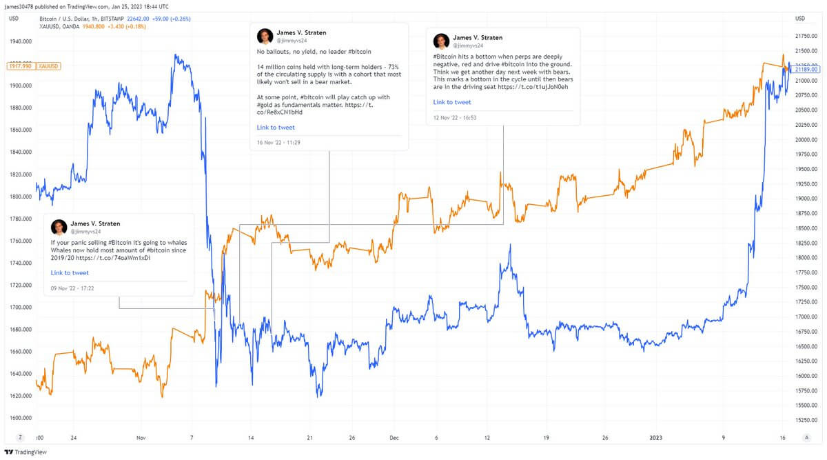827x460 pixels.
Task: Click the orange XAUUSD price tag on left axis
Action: (x=48, y=66)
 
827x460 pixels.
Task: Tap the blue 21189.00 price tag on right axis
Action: (x=806, y=70)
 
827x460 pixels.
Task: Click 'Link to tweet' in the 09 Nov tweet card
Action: (x=70, y=273)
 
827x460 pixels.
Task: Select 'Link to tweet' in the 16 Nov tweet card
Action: (x=276, y=128)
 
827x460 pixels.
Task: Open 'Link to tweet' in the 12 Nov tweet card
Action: (x=452, y=102)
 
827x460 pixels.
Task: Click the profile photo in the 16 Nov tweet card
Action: (x=265, y=37)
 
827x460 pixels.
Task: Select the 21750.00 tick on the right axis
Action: (x=806, y=36)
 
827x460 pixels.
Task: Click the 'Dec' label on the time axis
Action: (x=394, y=437)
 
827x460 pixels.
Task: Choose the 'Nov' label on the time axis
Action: (x=141, y=437)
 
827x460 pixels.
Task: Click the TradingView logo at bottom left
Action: (x=23, y=452)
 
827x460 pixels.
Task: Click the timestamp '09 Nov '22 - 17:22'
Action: (x=72, y=288)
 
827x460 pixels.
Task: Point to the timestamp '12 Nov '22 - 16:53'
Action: (x=455, y=117)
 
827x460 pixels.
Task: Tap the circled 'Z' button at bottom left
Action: (x=21, y=437)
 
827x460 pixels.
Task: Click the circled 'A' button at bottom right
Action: (x=806, y=437)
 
